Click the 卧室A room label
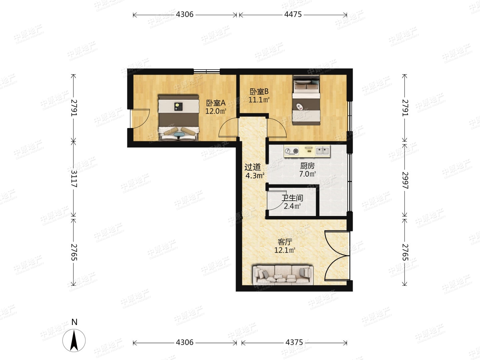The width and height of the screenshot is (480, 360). pos(216,103)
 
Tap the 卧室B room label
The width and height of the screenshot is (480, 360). pos(259,91)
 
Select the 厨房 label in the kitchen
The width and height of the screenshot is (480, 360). pos(307,166)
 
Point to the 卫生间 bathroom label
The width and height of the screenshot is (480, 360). pos(292,198)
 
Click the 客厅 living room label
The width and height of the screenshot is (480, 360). pos(285,242)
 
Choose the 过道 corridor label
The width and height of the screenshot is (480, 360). pos(253,167)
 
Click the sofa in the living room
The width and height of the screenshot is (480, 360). pos(283,275)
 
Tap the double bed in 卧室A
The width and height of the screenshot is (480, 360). pos(179,118)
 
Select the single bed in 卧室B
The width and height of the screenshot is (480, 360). pos(306,100)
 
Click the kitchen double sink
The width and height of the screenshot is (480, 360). pos(323,151)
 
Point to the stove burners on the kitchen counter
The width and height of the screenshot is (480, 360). pos(292,151)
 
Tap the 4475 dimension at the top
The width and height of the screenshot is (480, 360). pos(293,14)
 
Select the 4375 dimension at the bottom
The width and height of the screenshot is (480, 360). pos(294,342)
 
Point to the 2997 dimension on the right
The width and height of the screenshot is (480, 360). pos(405,180)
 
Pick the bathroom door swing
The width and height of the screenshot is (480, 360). pos(276,201)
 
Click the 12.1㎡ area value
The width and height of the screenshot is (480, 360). pos(285,250)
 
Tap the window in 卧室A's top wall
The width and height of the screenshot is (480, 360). pos(207,71)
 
